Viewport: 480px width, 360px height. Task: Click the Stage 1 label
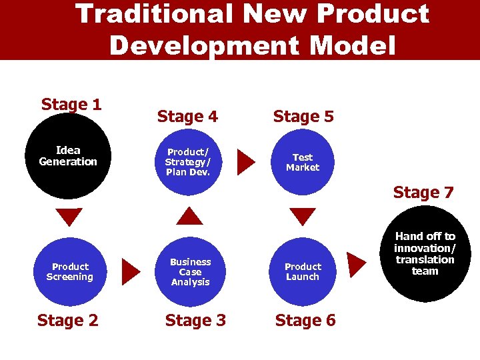click(71, 105)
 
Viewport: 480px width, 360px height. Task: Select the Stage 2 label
click(67, 321)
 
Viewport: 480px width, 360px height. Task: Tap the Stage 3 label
click(195, 321)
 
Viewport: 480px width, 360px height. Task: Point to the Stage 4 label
click(187, 117)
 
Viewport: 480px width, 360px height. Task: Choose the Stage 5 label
click(303, 117)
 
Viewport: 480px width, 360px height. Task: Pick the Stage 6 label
click(305, 321)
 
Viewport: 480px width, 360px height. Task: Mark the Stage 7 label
click(423, 193)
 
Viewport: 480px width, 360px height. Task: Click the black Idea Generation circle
click(69, 157)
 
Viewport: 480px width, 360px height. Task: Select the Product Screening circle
click(70, 271)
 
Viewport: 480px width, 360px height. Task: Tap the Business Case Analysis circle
click(191, 271)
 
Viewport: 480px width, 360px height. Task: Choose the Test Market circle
click(303, 162)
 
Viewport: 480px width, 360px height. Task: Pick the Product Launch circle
click(303, 271)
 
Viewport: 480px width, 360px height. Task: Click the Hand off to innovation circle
click(425, 254)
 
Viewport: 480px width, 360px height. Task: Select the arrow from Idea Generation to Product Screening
click(69, 217)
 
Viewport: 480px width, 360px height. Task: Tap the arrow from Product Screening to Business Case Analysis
click(131, 271)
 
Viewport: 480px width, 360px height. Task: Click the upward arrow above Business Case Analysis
click(192, 216)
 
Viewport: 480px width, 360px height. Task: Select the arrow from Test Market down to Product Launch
click(303, 217)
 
